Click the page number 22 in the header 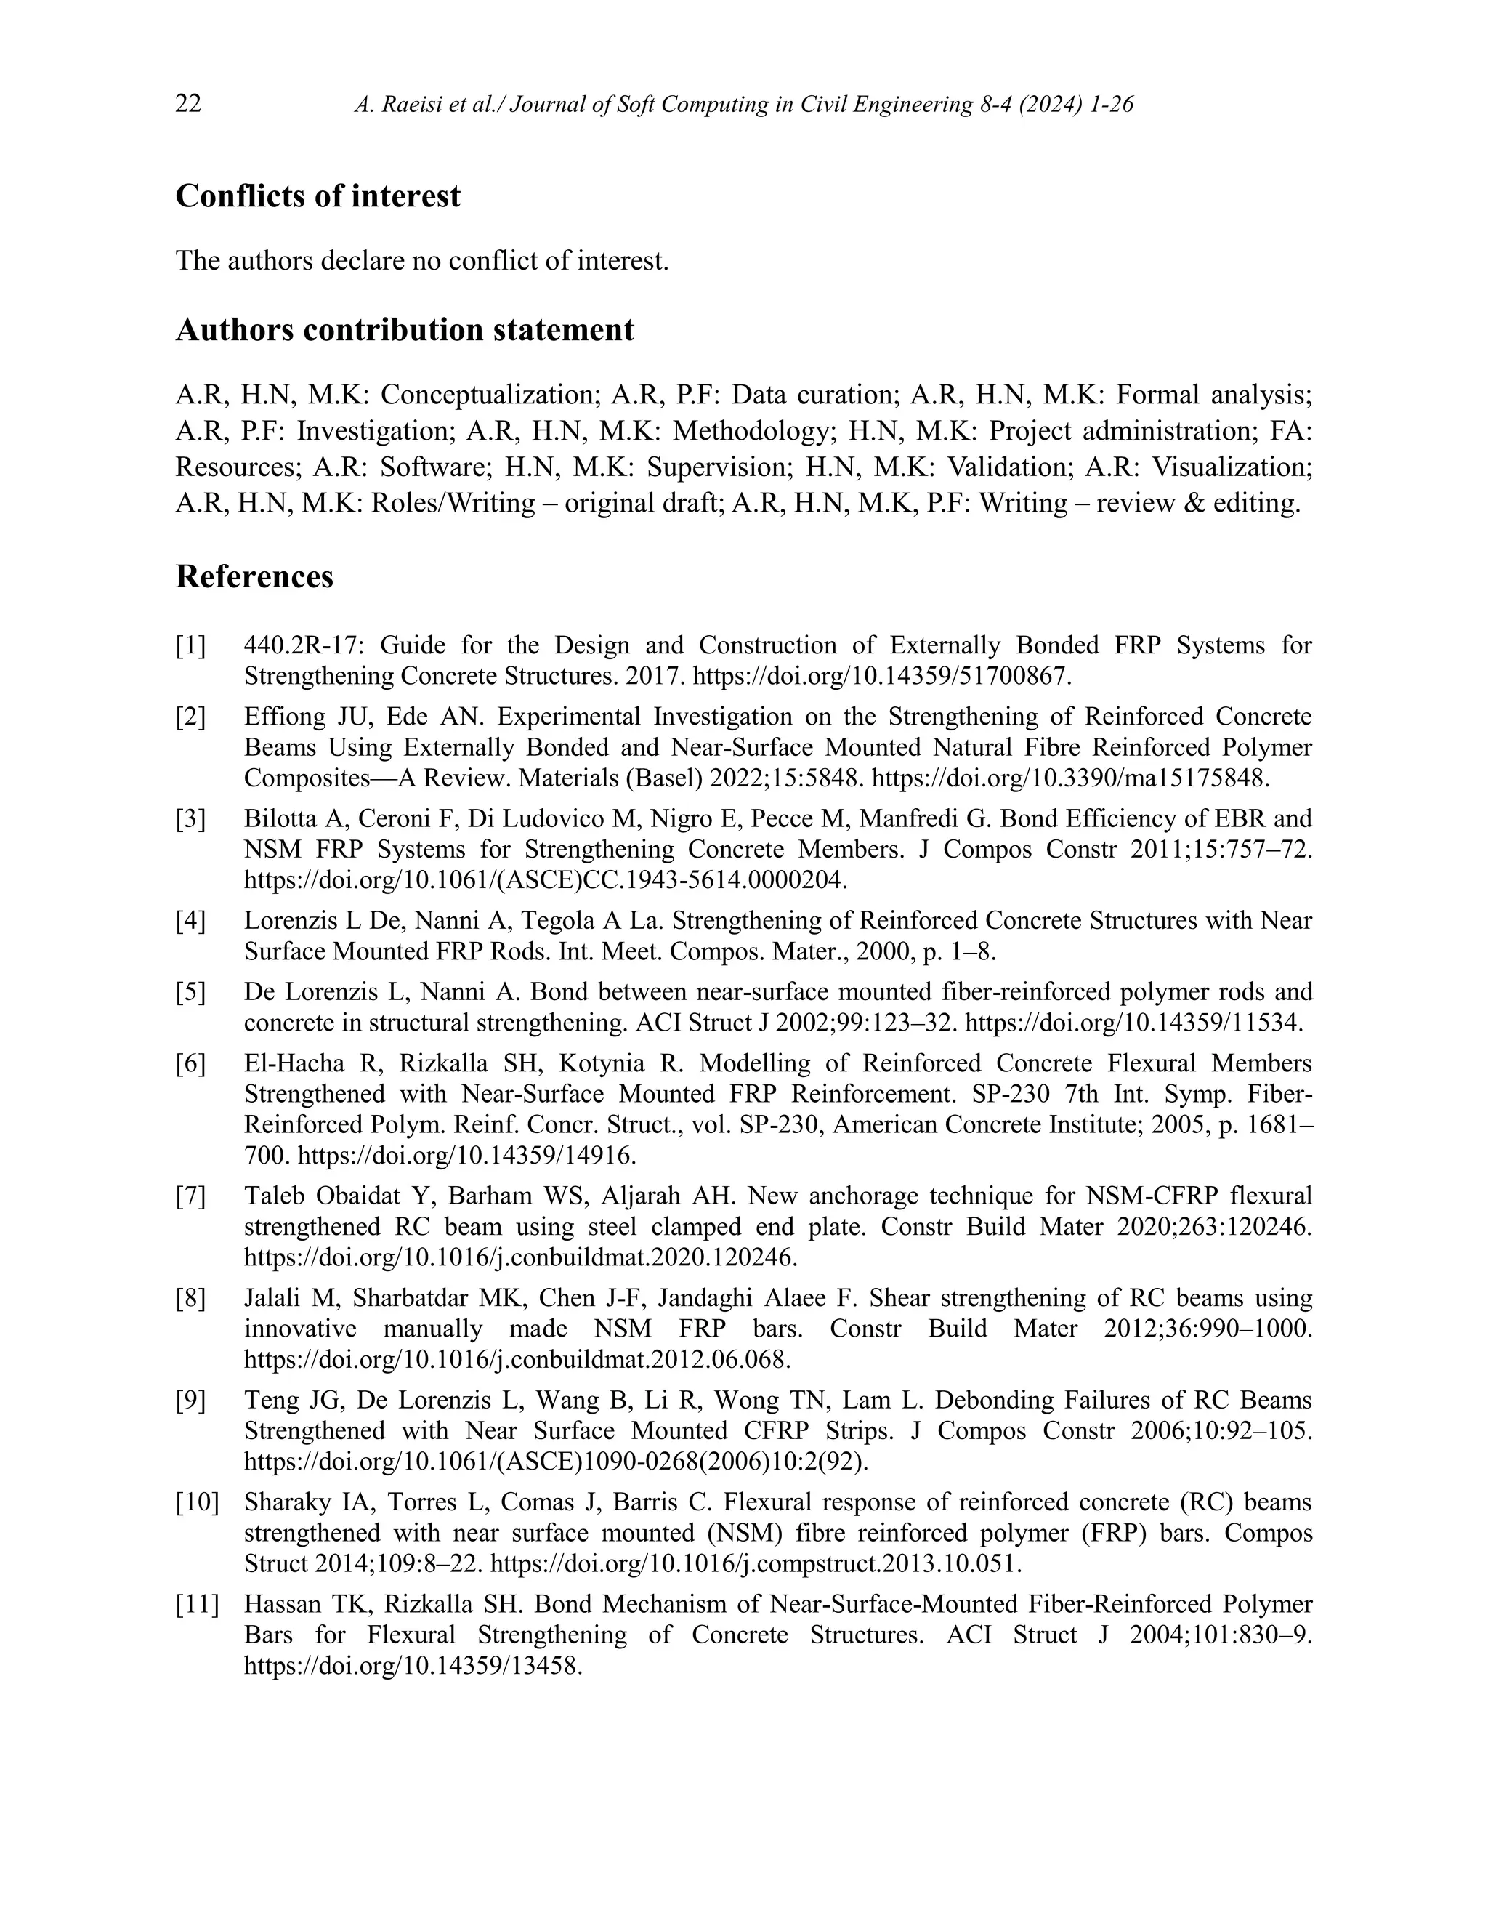(189, 104)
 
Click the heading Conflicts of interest (318, 196)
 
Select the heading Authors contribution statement (405, 330)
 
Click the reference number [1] (190, 646)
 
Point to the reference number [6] (190, 1065)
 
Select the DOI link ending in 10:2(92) (555, 1462)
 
